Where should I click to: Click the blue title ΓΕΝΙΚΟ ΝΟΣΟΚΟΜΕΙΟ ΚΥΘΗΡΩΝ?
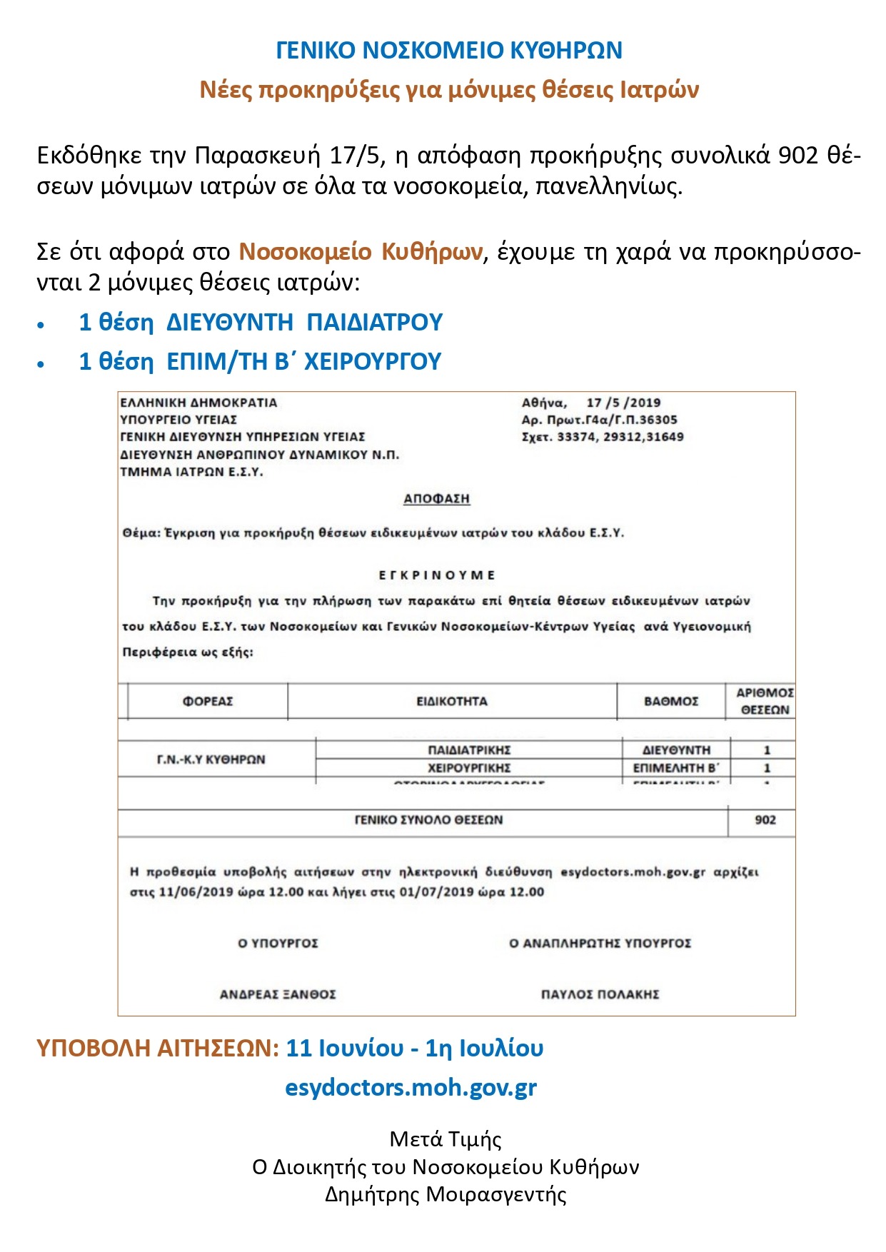click(449, 51)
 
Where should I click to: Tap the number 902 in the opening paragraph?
click(798, 156)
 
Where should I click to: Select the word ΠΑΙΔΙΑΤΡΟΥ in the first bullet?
click(374, 323)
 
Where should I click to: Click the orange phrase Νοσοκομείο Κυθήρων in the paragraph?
click(361, 252)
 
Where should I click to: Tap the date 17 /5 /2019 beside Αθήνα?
click(623, 403)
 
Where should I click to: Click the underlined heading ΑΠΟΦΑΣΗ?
click(436, 499)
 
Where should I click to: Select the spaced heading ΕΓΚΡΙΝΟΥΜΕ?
click(436, 575)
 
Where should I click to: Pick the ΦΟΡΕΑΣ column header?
click(208, 702)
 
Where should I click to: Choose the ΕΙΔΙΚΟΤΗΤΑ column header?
click(452, 702)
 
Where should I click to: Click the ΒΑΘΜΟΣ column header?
click(671, 702)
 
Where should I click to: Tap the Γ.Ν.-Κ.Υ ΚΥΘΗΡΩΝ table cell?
click(211, 759)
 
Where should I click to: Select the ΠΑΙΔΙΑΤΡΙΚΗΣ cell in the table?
click(469, 750)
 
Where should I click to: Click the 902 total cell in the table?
click(765, 820)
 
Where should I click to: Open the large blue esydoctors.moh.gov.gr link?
click(411, 1088)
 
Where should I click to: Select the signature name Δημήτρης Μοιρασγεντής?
click(445, 1195)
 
